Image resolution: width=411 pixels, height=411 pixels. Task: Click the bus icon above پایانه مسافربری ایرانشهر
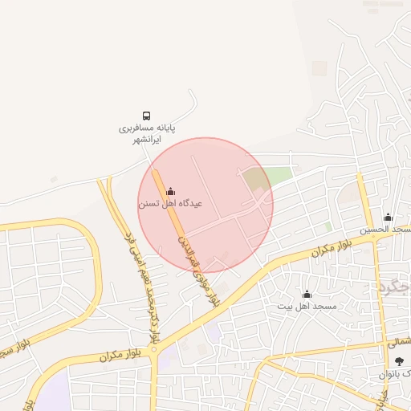[146, 116]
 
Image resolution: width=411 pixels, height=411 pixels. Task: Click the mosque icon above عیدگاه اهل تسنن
[170, 191]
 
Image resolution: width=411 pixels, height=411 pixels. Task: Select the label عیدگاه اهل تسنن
[170, 204]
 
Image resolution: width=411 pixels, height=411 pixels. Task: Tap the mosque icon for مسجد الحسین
[388, 217]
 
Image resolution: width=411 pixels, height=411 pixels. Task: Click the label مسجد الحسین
[386, 230]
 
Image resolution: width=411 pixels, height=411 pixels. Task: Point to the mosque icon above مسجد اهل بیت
[307, 295]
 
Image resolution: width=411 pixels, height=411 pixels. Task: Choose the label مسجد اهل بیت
[307, 307]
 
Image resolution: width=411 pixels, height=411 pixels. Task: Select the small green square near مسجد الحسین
[328, 227]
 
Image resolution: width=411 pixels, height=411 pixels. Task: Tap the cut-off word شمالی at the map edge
[399, 342]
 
